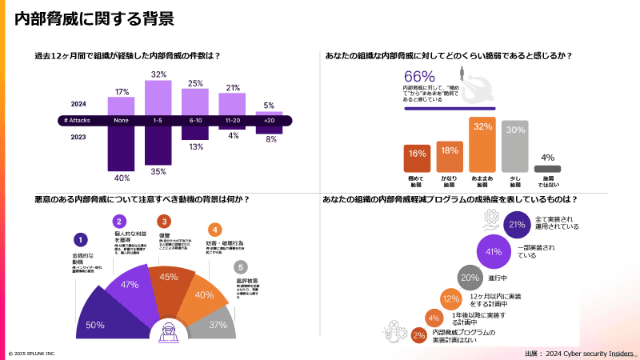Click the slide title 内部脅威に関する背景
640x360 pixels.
[x=94, y=18]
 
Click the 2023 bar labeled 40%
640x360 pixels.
[x=122, y=148]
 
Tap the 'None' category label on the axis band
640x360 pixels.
[x=122, y=120]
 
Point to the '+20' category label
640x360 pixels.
[x=269, y=120]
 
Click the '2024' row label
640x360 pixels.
[x=78, y=104]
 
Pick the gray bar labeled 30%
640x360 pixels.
[x=516, y=147]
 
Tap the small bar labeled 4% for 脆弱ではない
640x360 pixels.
[x=547, y=169]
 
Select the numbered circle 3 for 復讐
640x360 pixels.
[x=164, y=222]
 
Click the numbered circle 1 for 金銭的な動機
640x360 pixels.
[x=79, y=238]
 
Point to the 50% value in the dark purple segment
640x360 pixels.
[x=95, y=324]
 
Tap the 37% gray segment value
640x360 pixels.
[x=218, y=325]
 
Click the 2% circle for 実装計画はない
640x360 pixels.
[x=418, y=335]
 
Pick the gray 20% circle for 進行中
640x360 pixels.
[x=470, y=278]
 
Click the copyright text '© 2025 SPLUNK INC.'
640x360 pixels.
[x=32, y=353]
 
